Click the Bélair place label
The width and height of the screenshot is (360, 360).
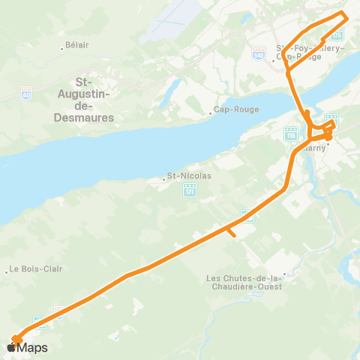coord(77,45)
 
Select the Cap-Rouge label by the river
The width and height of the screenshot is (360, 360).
coord(236,109)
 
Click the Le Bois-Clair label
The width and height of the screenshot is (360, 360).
coord(35,269)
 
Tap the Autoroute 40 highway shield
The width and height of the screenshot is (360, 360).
coord(26,94)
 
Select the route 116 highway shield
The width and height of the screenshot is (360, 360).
coord(290,133)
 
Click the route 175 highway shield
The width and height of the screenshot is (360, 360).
coord(337,34)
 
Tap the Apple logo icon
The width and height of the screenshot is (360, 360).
coord(12,347)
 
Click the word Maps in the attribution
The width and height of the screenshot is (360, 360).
coord(32,347)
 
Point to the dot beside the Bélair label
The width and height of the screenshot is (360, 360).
coord(61,49)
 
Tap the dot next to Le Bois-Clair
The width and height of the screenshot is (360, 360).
coord(7,269)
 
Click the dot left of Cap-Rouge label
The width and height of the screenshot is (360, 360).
coord(211,114)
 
